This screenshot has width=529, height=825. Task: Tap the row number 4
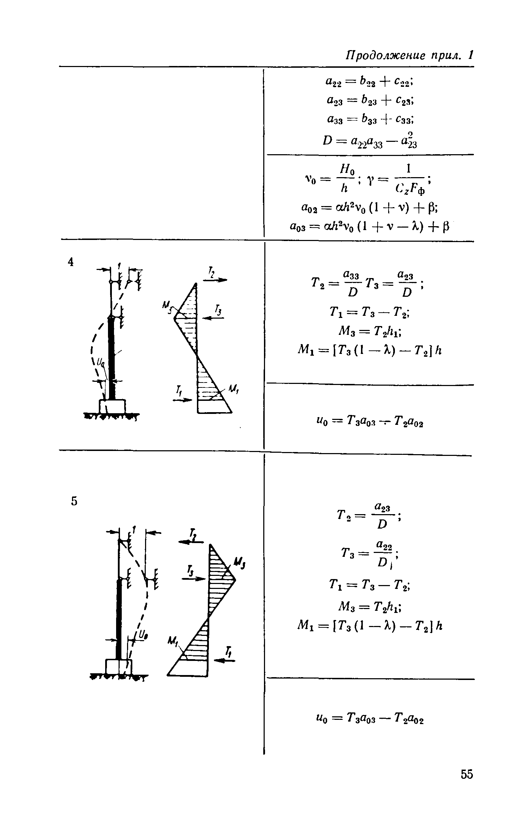click(71, 262)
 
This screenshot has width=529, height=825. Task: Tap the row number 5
click(74, 501)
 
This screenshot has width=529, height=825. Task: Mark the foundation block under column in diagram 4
click(113, 406)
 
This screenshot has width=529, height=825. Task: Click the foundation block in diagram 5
click(119, 667)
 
